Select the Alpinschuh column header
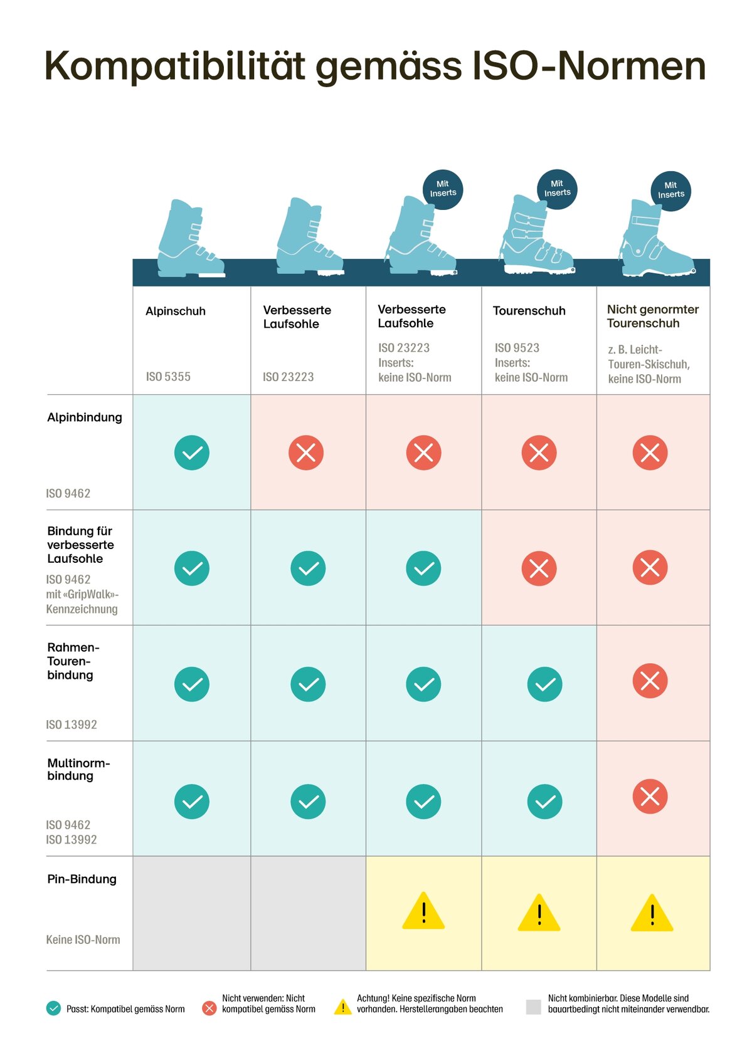coord(176,312)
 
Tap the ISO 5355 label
coord(168,377)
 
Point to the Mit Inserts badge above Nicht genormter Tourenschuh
coord(670,191)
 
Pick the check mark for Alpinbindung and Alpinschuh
coord(192,453)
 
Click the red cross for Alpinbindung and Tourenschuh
coord(539,453)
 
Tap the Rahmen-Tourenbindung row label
coord(73,661)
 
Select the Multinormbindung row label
coord(78,769)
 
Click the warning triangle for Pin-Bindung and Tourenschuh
coord(539,913)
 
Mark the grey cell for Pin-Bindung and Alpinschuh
coord(192,913)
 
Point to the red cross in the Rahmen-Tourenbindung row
coord(650,681)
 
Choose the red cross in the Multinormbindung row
coord(650,797)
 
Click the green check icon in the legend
coord(53,1008)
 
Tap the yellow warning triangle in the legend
coord(342,1007)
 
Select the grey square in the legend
coord(533,1007)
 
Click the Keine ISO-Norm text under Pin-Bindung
coord(83,940)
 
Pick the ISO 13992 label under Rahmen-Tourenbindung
coord(71,725)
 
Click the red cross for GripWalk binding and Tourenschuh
coord(539,568)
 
